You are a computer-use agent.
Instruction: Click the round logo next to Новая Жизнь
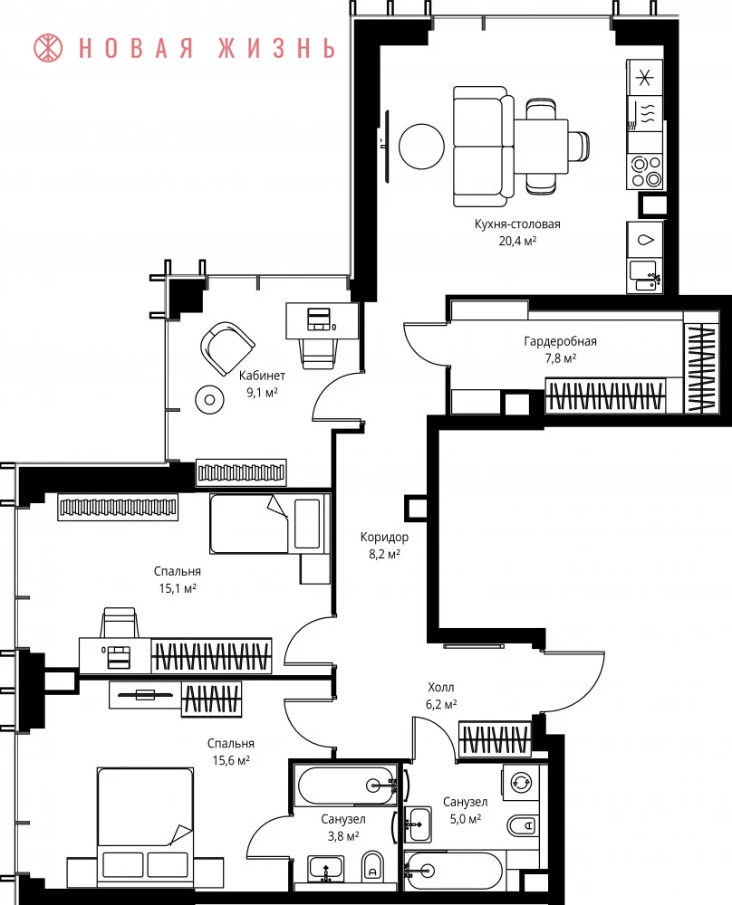(49, 48)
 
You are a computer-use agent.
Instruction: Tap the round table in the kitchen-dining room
(422, 147)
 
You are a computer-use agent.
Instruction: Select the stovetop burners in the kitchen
(645, 171)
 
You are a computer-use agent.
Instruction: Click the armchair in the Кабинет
(227, 348)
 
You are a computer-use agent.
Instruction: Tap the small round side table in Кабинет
(209, 399)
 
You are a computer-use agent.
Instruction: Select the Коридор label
(384, 537)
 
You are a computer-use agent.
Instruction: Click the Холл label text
(441, 688)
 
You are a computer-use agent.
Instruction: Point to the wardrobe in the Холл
(496, 738)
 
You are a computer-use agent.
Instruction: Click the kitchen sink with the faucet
(645, 276)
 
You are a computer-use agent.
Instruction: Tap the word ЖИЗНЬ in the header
(276, 49)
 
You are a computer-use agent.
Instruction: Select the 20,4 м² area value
(517, 241)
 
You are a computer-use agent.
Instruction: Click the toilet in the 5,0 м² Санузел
(524, 826)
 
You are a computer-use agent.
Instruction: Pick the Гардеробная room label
(560, 342)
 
